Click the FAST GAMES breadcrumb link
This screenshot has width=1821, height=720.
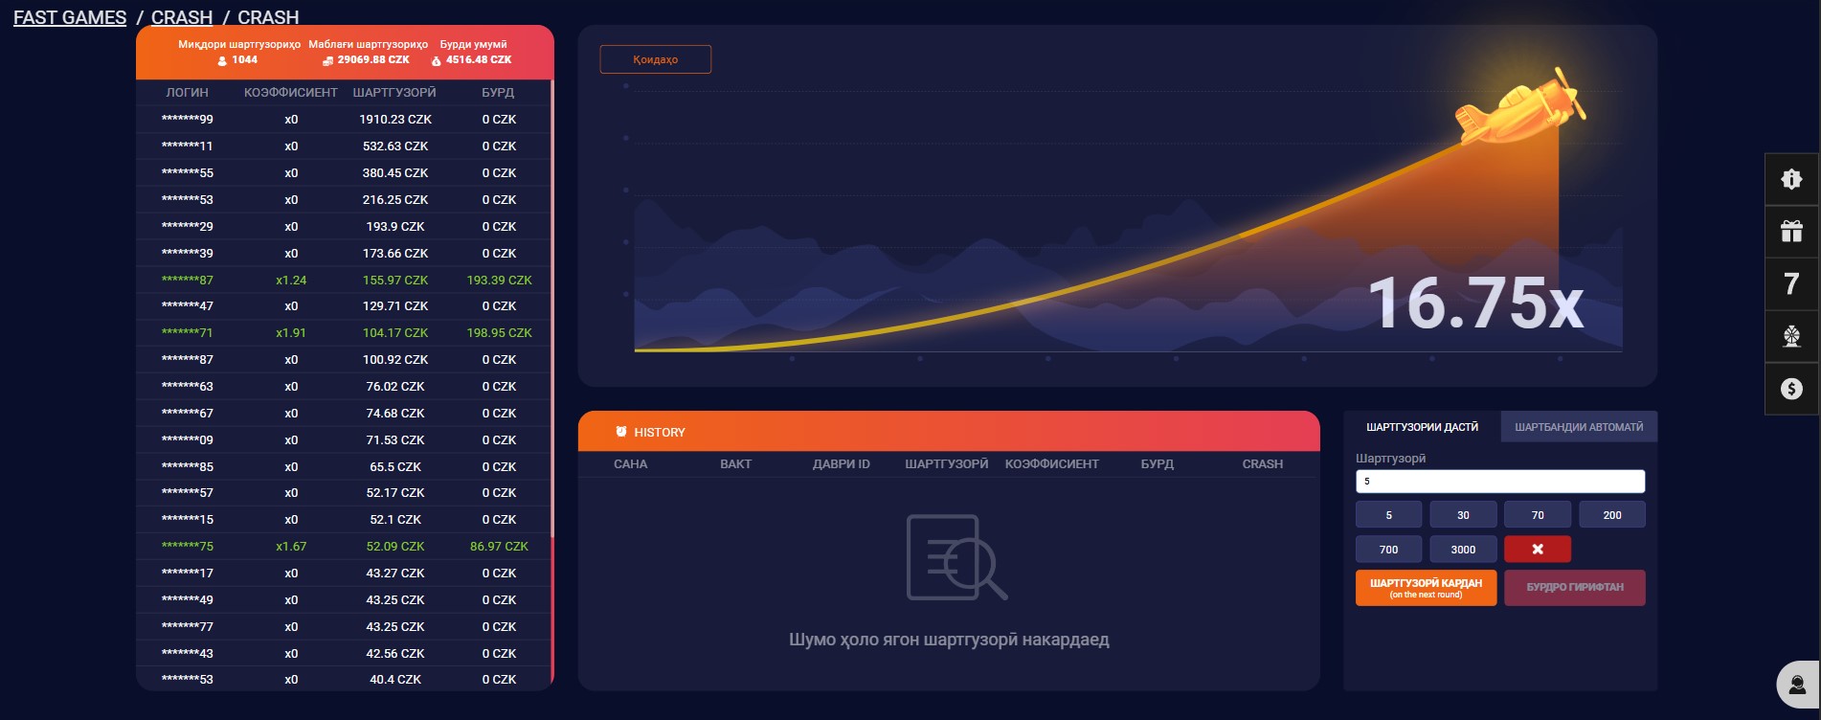[x=70, y=17]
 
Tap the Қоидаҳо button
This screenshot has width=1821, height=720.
[x=656, y=59]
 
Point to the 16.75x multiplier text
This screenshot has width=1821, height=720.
[x=1475, y=303]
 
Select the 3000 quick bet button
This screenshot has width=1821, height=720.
[x=1463, y=550]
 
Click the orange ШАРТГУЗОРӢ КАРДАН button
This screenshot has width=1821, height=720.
[x=1426, y=588]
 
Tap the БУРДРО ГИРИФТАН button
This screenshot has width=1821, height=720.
[x=1575, y=588]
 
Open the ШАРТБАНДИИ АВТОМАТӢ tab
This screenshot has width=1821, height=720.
[x=1579, y=427]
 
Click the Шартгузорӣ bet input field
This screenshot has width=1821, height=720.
[x=1500, y=481]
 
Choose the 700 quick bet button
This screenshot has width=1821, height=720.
[x=1388, y=550]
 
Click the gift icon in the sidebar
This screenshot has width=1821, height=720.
[x=1791, y=231]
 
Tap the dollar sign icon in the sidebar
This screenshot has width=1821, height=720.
[x=1791, y=389]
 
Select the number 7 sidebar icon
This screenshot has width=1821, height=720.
[x=1791, y=283]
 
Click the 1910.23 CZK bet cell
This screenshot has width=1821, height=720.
[x=395, y=120]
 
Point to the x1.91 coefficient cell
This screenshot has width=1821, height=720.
[x=291, y=333]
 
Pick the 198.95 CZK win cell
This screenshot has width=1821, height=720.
[x=499, y=333]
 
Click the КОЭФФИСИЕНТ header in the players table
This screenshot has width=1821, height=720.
[x=291, y=93]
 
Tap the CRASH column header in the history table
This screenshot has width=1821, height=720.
[x=1263, y=464]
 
